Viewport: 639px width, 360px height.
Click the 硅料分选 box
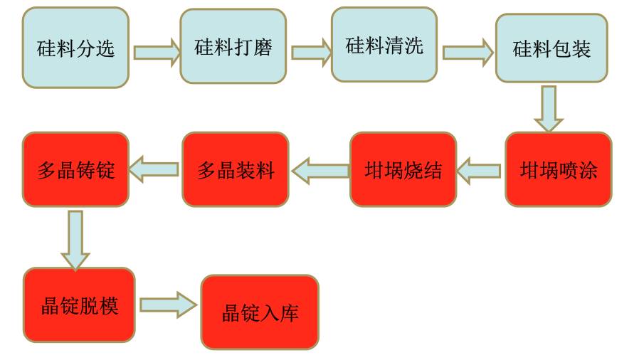point(75,48)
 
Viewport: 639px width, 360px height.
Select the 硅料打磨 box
point(233,46)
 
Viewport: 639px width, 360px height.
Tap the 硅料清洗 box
point(384,45)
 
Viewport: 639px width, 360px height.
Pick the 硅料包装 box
point(551,48)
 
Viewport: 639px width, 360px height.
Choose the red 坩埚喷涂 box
point(559,169)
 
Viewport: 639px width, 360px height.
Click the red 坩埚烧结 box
point(403,169)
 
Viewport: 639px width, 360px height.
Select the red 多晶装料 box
point(236,169)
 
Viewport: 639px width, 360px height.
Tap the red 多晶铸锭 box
point(75,169)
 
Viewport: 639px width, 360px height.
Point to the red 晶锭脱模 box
point(79,305)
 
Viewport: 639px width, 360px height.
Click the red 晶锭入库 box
point(260,312)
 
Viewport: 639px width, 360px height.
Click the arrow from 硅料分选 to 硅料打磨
point(157,52)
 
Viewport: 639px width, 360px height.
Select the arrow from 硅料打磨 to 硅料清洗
point(311,52)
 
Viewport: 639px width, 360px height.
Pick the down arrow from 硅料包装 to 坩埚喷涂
point(548,108)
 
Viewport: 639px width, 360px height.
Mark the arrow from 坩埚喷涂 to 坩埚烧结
point(479,171)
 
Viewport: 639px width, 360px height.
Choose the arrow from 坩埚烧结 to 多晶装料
point(319,171)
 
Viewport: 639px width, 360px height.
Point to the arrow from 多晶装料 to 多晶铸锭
point(154,169)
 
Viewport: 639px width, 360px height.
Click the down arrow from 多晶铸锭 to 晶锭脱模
point(75,239)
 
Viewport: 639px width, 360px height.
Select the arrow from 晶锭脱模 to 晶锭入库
point(168,305)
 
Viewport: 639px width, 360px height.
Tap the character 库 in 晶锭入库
point(289,313)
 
